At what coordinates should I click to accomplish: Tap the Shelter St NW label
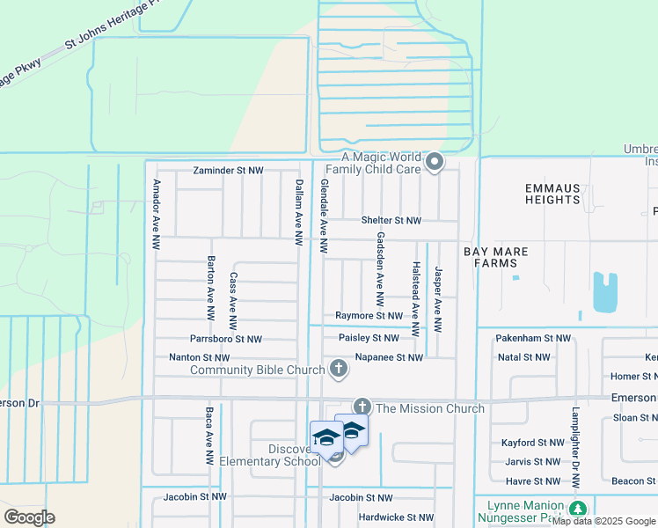click(x=391, y=220)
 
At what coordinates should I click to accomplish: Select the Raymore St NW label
click(x=369, y=315)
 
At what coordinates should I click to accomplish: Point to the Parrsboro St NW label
click(x=226, y=339)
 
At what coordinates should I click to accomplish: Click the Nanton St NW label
click(x=199, y=358)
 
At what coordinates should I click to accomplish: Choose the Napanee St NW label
click(x=389, y=357)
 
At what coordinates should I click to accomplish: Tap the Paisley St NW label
click(x=369, y=338)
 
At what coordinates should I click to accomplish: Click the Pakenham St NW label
click(x=533, y=338)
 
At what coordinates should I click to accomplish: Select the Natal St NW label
click(x=523, y=357)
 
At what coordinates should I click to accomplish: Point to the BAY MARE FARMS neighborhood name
click(x=501, y=257)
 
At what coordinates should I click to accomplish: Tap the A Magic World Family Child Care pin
click(x=434, y=162)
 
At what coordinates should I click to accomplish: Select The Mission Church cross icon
click(x=362, y=407)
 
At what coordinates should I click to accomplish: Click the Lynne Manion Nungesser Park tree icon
click(x=577, y=510)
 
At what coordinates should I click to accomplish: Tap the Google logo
click(x=29, y=517)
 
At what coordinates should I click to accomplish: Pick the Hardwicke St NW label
click(x=396, y=517)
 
